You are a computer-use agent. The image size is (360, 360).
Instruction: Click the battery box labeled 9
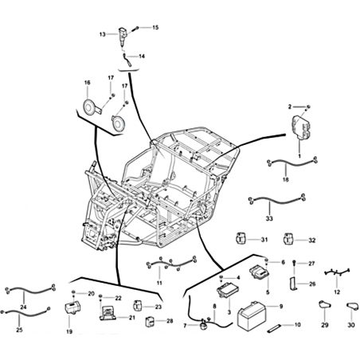(251, 316)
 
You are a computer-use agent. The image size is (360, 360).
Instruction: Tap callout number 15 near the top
(155, 28)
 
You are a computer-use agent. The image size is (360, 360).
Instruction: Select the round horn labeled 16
(88, 107)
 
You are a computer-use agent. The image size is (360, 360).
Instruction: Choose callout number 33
(269, 218)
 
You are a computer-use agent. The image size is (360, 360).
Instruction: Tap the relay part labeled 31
(241, 237)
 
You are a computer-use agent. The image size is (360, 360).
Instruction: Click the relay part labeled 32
(288, 238)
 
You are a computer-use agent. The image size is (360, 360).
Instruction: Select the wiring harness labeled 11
(172, 264)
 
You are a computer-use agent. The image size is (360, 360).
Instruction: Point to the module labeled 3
(227, 289)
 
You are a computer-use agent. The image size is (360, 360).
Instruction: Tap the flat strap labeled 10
(274, 327)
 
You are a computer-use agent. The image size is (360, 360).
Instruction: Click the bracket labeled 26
(292, 284)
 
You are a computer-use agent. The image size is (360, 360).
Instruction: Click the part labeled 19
(72, 308)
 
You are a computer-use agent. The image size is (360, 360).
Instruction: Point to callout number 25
(19, 330)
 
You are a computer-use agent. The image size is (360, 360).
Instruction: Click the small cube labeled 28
(150, 322)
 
